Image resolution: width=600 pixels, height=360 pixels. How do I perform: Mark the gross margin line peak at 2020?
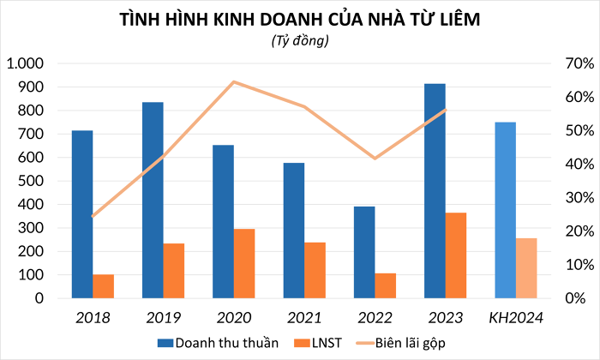tap(234, 82)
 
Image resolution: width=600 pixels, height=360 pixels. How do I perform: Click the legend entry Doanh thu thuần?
tap(218, 344)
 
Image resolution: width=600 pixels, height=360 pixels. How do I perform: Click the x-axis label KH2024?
tap(516, 319)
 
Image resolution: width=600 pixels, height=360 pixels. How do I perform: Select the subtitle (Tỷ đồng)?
tap(300, 40)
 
